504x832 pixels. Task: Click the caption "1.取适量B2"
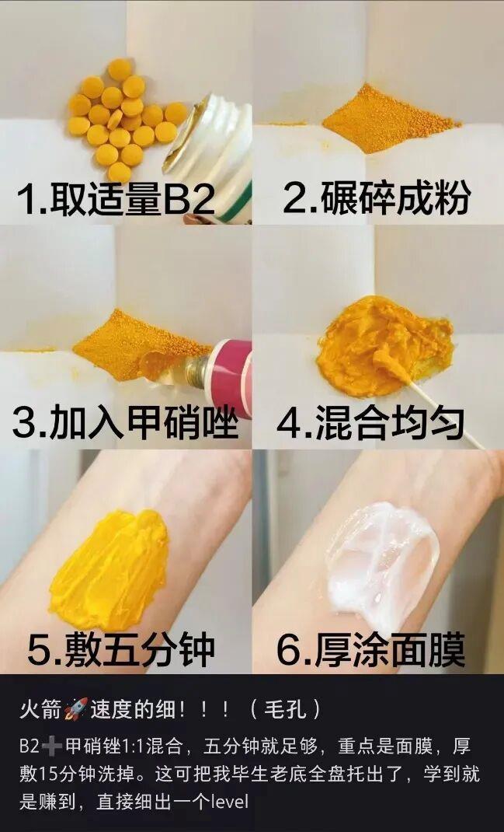click(x=116, y=200)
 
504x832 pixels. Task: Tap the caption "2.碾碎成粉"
click(x=377, y=198)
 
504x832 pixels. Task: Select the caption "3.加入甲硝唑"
click(x=125, y=423)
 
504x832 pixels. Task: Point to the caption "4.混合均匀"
click(x=370, y=424)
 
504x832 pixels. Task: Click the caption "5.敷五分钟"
click(x=120, y=650)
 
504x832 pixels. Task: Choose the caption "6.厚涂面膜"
click(x=371, y=650)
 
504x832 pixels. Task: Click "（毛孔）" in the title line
click(x=285, y=709)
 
